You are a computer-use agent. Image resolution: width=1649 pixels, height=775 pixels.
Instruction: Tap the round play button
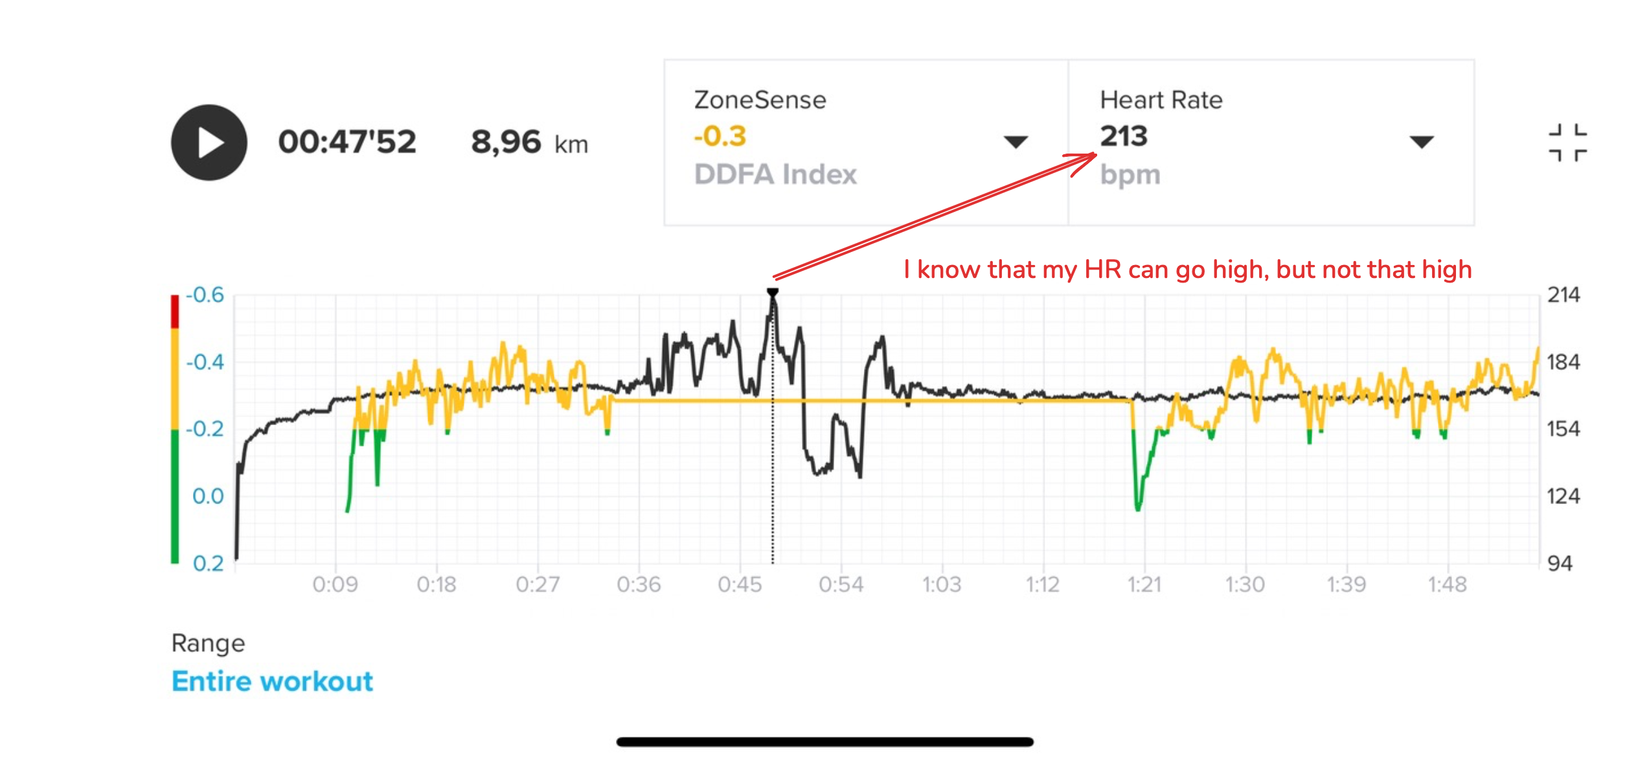[209, 143]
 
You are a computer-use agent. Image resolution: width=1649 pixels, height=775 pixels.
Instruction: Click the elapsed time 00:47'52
[347, 142]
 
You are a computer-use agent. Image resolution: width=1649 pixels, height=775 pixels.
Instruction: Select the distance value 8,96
[506, 142]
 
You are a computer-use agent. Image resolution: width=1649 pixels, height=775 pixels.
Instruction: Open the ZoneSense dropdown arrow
[1015, 141]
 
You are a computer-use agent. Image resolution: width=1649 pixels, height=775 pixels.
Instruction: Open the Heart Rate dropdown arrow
[1421, 141]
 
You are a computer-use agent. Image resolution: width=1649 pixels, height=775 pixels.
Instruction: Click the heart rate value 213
[1124, 136]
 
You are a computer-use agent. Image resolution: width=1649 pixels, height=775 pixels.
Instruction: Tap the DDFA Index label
[775, 174]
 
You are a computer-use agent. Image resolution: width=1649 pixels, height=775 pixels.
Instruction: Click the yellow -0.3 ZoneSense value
[720, 136]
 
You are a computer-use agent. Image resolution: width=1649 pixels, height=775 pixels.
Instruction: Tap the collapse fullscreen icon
[1567, 143]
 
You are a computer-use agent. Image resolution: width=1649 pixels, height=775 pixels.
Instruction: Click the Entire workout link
[272, 682]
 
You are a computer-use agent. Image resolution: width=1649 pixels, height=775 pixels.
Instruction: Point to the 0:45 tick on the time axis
[740, 584]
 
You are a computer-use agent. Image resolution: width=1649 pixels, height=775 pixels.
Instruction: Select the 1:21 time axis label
[1144, 584]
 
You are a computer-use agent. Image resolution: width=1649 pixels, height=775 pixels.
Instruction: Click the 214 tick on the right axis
[1564, 295]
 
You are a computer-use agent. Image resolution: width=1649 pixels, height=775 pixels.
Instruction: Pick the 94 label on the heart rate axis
[1560, 563]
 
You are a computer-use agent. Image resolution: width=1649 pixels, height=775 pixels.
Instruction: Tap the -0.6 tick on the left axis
[205, 295]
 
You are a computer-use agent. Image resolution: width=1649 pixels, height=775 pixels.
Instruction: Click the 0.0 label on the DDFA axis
[208, 496]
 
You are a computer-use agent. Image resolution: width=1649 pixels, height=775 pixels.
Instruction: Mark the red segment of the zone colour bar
[175, 312]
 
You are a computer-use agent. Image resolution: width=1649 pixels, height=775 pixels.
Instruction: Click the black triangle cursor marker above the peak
[773, 293]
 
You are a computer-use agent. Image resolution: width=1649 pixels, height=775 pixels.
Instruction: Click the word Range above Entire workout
[208, 643]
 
